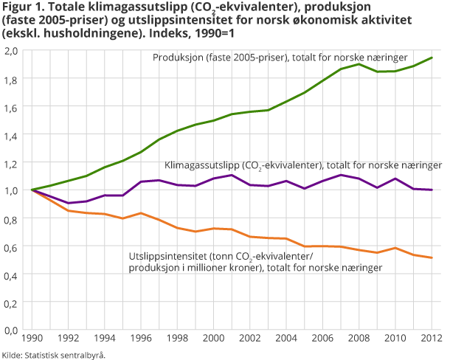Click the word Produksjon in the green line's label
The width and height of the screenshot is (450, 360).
(x=177, y=58)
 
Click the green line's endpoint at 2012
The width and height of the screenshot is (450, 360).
(x=432, y=58)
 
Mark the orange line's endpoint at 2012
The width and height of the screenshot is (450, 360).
(x=432, y=257)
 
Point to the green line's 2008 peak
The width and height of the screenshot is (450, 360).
(x=359, y=64)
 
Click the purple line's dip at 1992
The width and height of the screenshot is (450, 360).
(x=67, y=203)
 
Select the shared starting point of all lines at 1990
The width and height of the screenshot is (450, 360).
(x=31, y=190)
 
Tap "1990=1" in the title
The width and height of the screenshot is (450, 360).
(x=219, y=34)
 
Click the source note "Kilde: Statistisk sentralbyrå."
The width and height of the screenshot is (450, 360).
(x=54, y=354)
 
